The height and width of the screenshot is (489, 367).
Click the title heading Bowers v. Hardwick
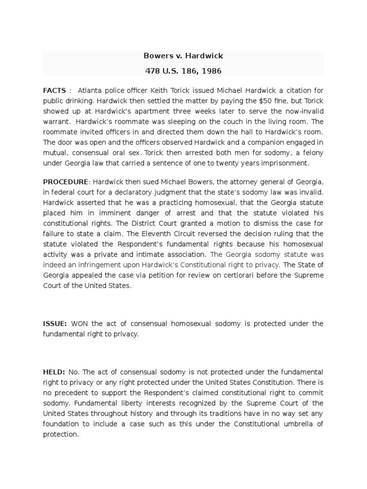[x=183, y=56]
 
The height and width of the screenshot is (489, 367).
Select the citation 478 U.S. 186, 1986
[x=183, y=71]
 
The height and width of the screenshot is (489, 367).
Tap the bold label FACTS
[x=54, y=90]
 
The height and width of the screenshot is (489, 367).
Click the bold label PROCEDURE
[x=66, y=182]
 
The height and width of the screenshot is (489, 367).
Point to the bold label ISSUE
[x=55, y=324]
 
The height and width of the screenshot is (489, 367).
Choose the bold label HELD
[x=54, y=372]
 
